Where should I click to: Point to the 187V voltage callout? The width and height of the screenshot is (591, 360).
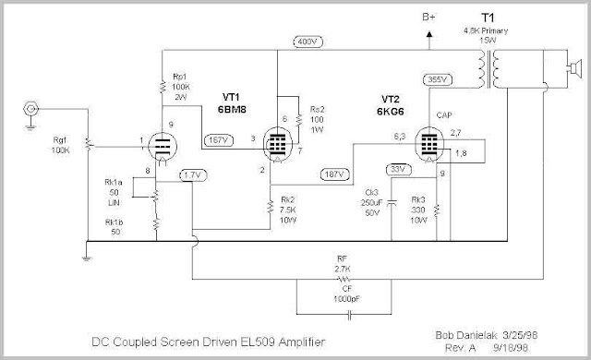[334, 174]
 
